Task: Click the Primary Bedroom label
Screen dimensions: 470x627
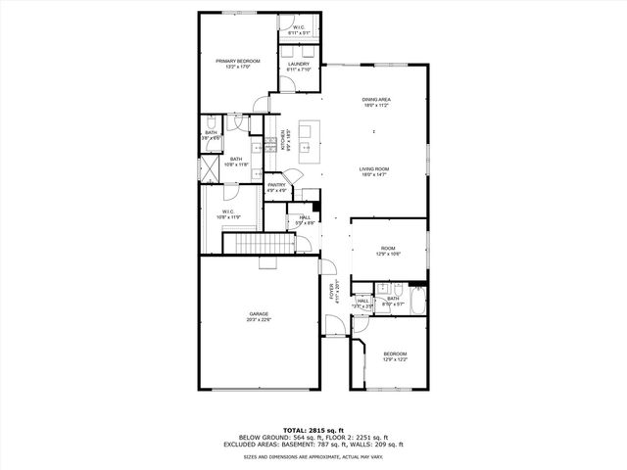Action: (237, 64)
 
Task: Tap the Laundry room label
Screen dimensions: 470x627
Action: (298, 67)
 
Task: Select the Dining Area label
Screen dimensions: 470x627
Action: (376, 102)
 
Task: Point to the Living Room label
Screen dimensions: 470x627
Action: (376, 170)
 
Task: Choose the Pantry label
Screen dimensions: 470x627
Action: (276, 188)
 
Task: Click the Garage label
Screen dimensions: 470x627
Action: (259, 316)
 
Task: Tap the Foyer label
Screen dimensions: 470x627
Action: (332, 294)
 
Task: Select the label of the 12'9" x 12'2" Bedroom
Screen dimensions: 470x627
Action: (395, 356)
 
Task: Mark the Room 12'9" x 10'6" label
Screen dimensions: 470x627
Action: (389, 251)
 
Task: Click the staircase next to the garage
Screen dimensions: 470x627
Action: (259, 243)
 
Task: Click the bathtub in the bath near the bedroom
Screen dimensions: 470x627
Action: (418, 301)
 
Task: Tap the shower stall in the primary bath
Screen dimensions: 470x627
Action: (211, 169)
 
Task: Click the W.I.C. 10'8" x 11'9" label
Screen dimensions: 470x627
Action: (227, 213)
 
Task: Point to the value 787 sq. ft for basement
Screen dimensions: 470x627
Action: (327, 444)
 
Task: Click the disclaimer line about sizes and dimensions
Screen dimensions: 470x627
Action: (313, 455)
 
